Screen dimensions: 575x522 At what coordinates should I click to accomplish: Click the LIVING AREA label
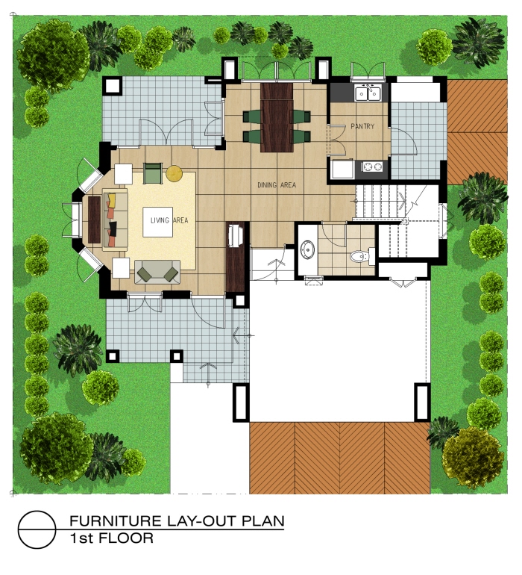point(169,220)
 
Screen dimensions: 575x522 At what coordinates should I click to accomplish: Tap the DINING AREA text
point(277,184)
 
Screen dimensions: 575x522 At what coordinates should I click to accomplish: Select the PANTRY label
point(362,127)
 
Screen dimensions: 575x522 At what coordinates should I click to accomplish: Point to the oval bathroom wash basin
point(307,249)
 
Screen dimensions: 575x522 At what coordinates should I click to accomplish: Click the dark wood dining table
point(277,116)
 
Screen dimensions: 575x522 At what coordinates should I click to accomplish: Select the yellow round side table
point(174,174)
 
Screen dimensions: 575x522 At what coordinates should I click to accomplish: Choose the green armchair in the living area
point(153,173)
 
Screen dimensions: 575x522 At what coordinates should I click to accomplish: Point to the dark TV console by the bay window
point(95,220)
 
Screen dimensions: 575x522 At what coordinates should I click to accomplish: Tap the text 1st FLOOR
point(111,538)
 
